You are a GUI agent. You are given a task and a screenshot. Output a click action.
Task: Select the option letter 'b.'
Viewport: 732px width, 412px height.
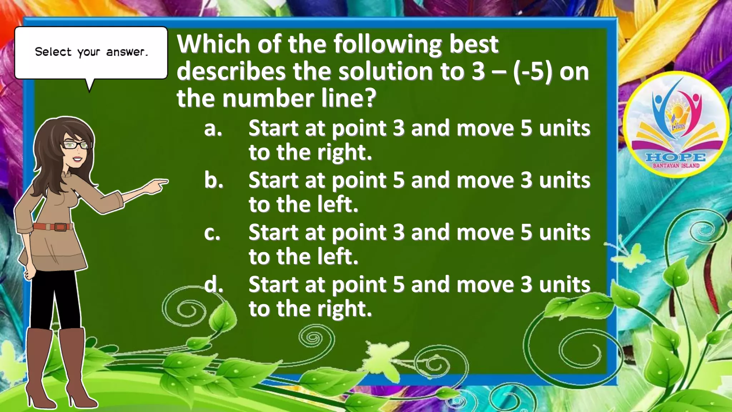(x=214, y=181)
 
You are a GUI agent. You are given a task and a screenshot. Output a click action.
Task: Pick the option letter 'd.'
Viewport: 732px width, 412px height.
(x=214, y=285)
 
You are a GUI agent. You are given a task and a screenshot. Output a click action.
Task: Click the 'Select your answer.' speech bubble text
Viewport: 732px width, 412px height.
(x=91, y=52)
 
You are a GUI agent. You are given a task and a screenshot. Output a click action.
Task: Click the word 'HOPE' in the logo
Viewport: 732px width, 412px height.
(x=676, y=157)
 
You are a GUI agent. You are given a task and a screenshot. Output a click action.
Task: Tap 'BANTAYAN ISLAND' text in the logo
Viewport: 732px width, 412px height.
(x=676, y=166)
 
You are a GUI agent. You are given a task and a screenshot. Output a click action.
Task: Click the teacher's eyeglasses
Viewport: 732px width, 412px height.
(x=76, y=145)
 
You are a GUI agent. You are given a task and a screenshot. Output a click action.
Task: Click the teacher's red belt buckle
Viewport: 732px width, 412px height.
(x=60, y=227)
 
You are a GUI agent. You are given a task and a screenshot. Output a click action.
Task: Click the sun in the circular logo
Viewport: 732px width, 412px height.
(x=676, y=111)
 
